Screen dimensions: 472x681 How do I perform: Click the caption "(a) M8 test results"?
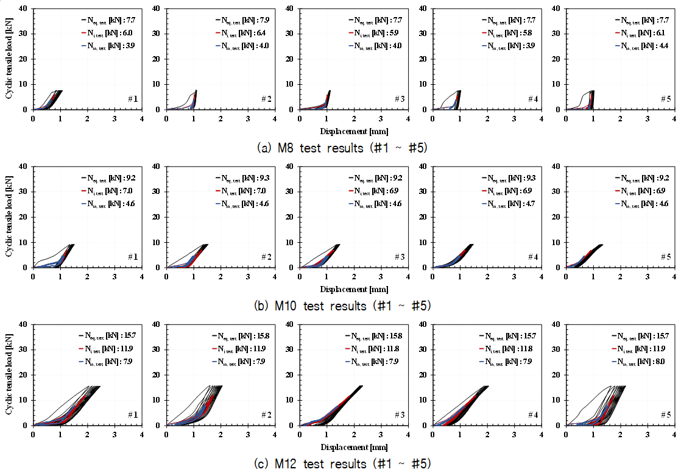click(342, 148)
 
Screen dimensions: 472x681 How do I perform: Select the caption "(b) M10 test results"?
click(342, 306)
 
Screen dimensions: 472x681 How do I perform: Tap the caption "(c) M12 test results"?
click(342, 463)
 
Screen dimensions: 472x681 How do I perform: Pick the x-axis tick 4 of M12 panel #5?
click(674, 435)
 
